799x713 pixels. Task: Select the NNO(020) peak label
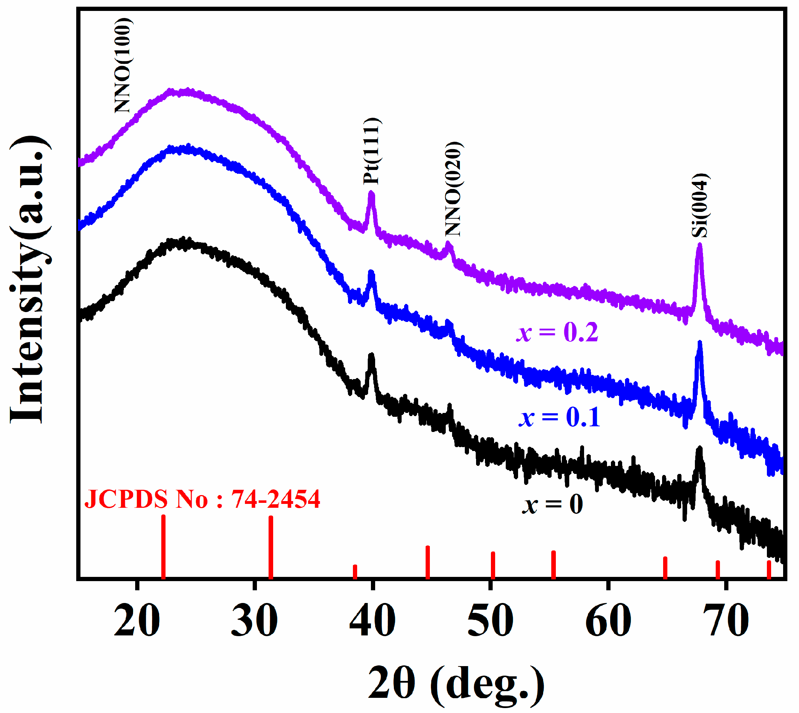[x=453, y=189]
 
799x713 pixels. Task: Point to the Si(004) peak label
[x=700, y=205]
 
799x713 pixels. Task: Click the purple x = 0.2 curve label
[x=558, y=333]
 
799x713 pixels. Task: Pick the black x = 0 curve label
[x=552, y=504]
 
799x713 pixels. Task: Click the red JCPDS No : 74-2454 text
[x=202, y=499]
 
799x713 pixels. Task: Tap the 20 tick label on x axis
[x=137, y=621]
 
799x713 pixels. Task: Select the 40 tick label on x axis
[x=372, y=621]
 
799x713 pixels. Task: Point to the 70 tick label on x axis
[x=726, y=621]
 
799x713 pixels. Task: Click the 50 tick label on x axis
[x=491, y=621]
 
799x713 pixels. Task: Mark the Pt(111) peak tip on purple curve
[x=371, y=193]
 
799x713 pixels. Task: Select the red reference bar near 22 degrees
[x=163, y=547]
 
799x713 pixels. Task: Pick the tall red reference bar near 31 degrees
[x=271, y=547]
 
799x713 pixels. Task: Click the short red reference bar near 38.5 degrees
[x=355, y=572]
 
